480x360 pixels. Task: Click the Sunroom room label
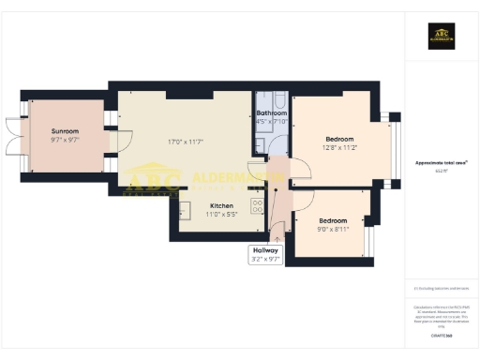coord(64,131)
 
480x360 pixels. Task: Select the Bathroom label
coord(272,113)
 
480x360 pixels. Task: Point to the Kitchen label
coord(221,205)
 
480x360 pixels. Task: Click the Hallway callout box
coord(263,254)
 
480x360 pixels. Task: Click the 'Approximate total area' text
coord(440,162)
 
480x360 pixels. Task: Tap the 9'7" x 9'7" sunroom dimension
coord(64,140)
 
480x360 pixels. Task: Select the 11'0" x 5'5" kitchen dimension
coord(221,215)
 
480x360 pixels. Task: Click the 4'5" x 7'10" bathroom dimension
coord(272,122)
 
